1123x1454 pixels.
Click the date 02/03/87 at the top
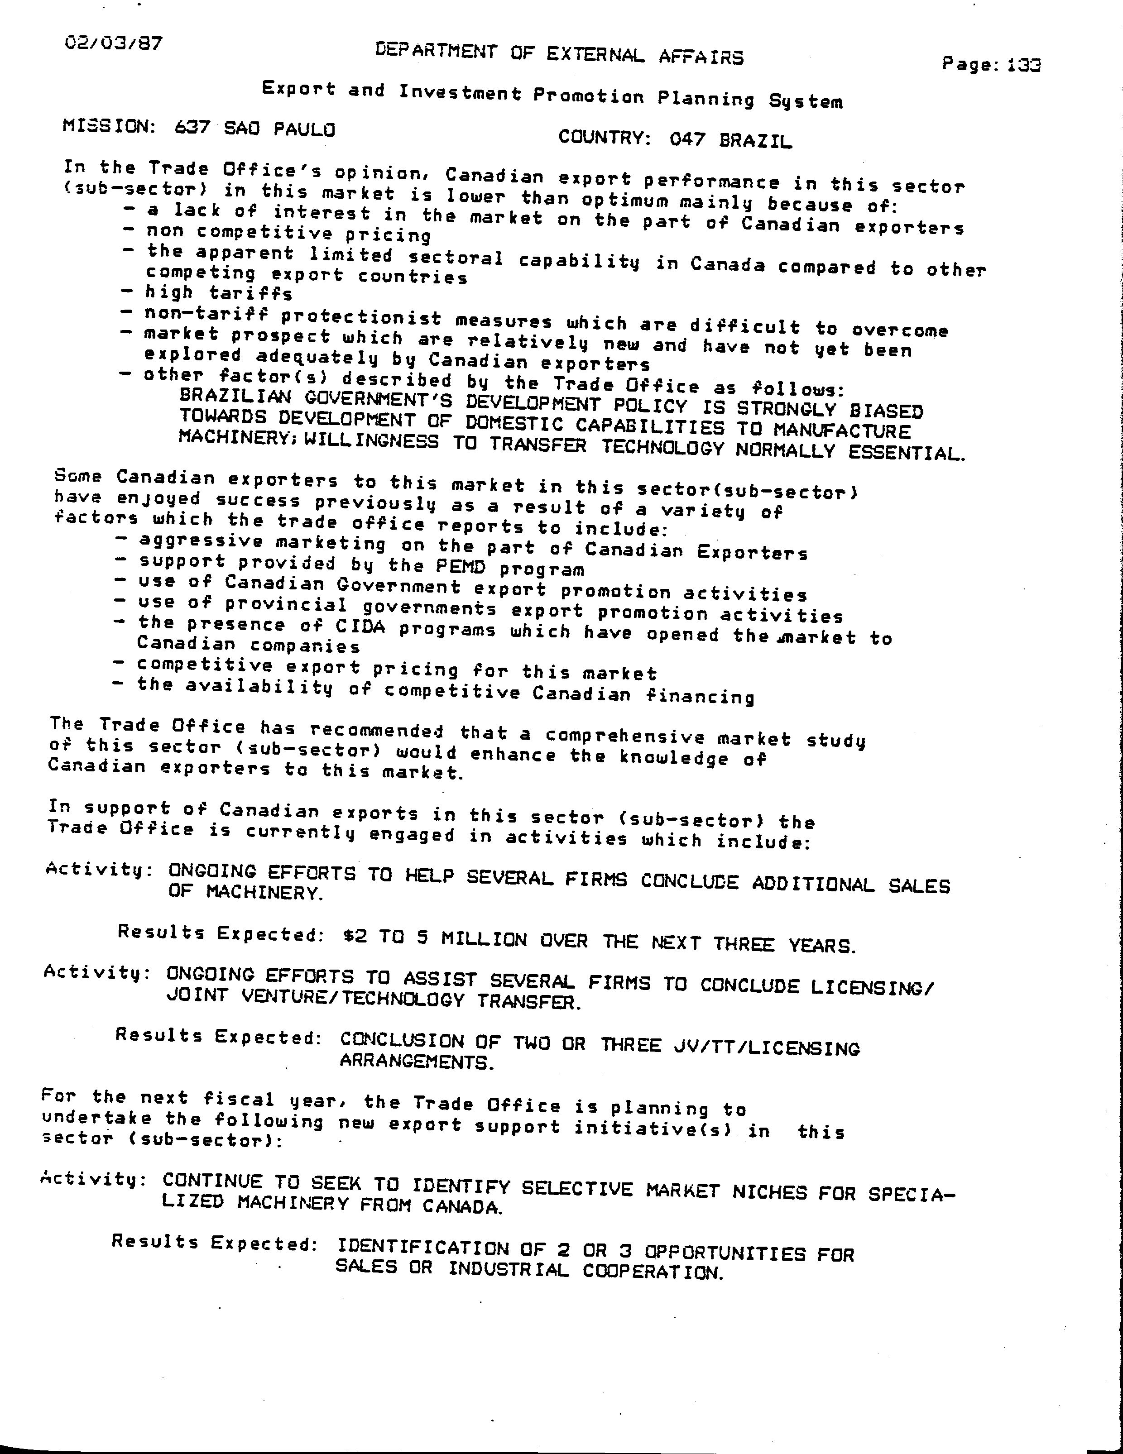click(113, 44)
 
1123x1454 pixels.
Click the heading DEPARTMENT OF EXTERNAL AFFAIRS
click(559, 54)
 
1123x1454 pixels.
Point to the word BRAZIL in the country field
click(755, 140)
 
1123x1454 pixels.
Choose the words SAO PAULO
click(279, 129)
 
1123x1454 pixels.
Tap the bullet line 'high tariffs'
click(218, 293)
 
